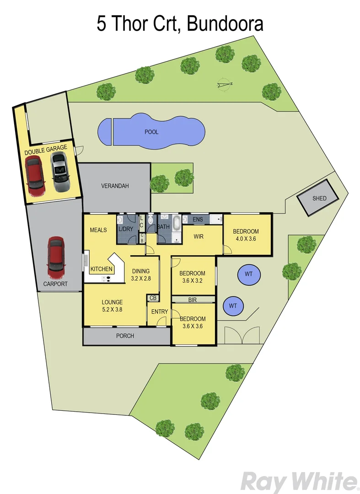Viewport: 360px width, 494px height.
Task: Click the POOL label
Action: [151, 132]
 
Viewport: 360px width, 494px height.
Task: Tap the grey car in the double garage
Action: [59, 172]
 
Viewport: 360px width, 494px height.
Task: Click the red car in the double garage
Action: [35, 176]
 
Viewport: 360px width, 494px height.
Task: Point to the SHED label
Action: [319, 199]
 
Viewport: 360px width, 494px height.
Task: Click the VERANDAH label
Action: [115, 186]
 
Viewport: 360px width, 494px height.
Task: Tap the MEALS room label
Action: [98, 230]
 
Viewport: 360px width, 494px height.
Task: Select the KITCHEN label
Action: [101, 269]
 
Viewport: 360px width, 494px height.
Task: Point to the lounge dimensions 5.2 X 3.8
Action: [112, 309]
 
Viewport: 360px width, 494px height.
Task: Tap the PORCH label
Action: [125, 336]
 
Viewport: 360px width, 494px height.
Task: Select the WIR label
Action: [198, 237]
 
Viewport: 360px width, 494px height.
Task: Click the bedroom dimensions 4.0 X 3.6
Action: [246, 238]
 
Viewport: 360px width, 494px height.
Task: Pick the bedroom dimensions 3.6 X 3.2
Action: [193, 281]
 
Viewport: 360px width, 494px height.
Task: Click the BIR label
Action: [193, 300]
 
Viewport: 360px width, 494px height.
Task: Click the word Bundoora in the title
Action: [225, 24]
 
